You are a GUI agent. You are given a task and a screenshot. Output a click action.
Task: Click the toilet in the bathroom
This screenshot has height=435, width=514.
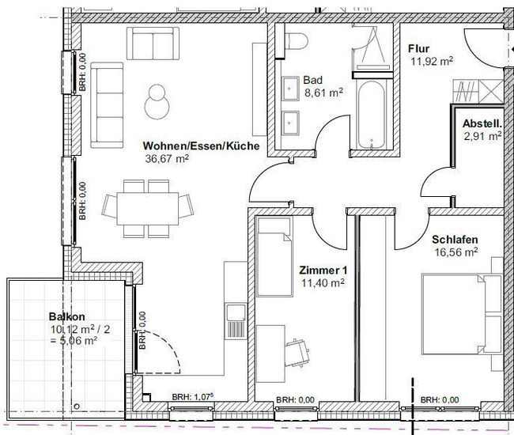pos(297,41)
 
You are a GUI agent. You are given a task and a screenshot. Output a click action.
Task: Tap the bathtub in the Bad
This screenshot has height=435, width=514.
pos(371,113)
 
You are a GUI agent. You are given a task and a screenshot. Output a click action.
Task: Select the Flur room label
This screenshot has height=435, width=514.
pos(418,49)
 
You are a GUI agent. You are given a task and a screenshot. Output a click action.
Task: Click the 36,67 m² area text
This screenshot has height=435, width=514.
pos(167,159)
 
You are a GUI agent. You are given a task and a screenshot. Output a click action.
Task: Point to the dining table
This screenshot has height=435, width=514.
pos(148,209)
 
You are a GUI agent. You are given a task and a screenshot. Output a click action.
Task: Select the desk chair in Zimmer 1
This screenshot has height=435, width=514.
pos(297,353)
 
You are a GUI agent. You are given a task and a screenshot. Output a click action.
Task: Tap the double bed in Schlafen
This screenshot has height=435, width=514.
pos(462,314)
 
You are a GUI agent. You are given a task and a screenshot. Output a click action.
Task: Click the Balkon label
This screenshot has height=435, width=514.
pos(67,316)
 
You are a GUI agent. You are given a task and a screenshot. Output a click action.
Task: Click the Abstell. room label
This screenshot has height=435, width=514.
pos(482,124)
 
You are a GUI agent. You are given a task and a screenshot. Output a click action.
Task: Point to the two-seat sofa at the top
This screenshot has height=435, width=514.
pos(153,43)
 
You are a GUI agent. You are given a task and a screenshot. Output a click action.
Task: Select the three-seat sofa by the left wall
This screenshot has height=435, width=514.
pos(107,105)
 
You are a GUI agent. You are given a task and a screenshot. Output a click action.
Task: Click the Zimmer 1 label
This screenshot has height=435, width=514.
pos(323,270)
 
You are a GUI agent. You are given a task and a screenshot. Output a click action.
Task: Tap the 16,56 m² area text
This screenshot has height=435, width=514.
pos(456,252)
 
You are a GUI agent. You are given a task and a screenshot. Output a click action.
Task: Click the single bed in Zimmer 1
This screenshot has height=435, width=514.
pos(274,256)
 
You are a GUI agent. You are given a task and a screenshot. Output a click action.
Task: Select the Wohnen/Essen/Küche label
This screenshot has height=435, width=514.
pos(202,146)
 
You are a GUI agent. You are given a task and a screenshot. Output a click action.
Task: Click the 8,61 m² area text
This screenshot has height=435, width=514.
pos(324,93)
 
